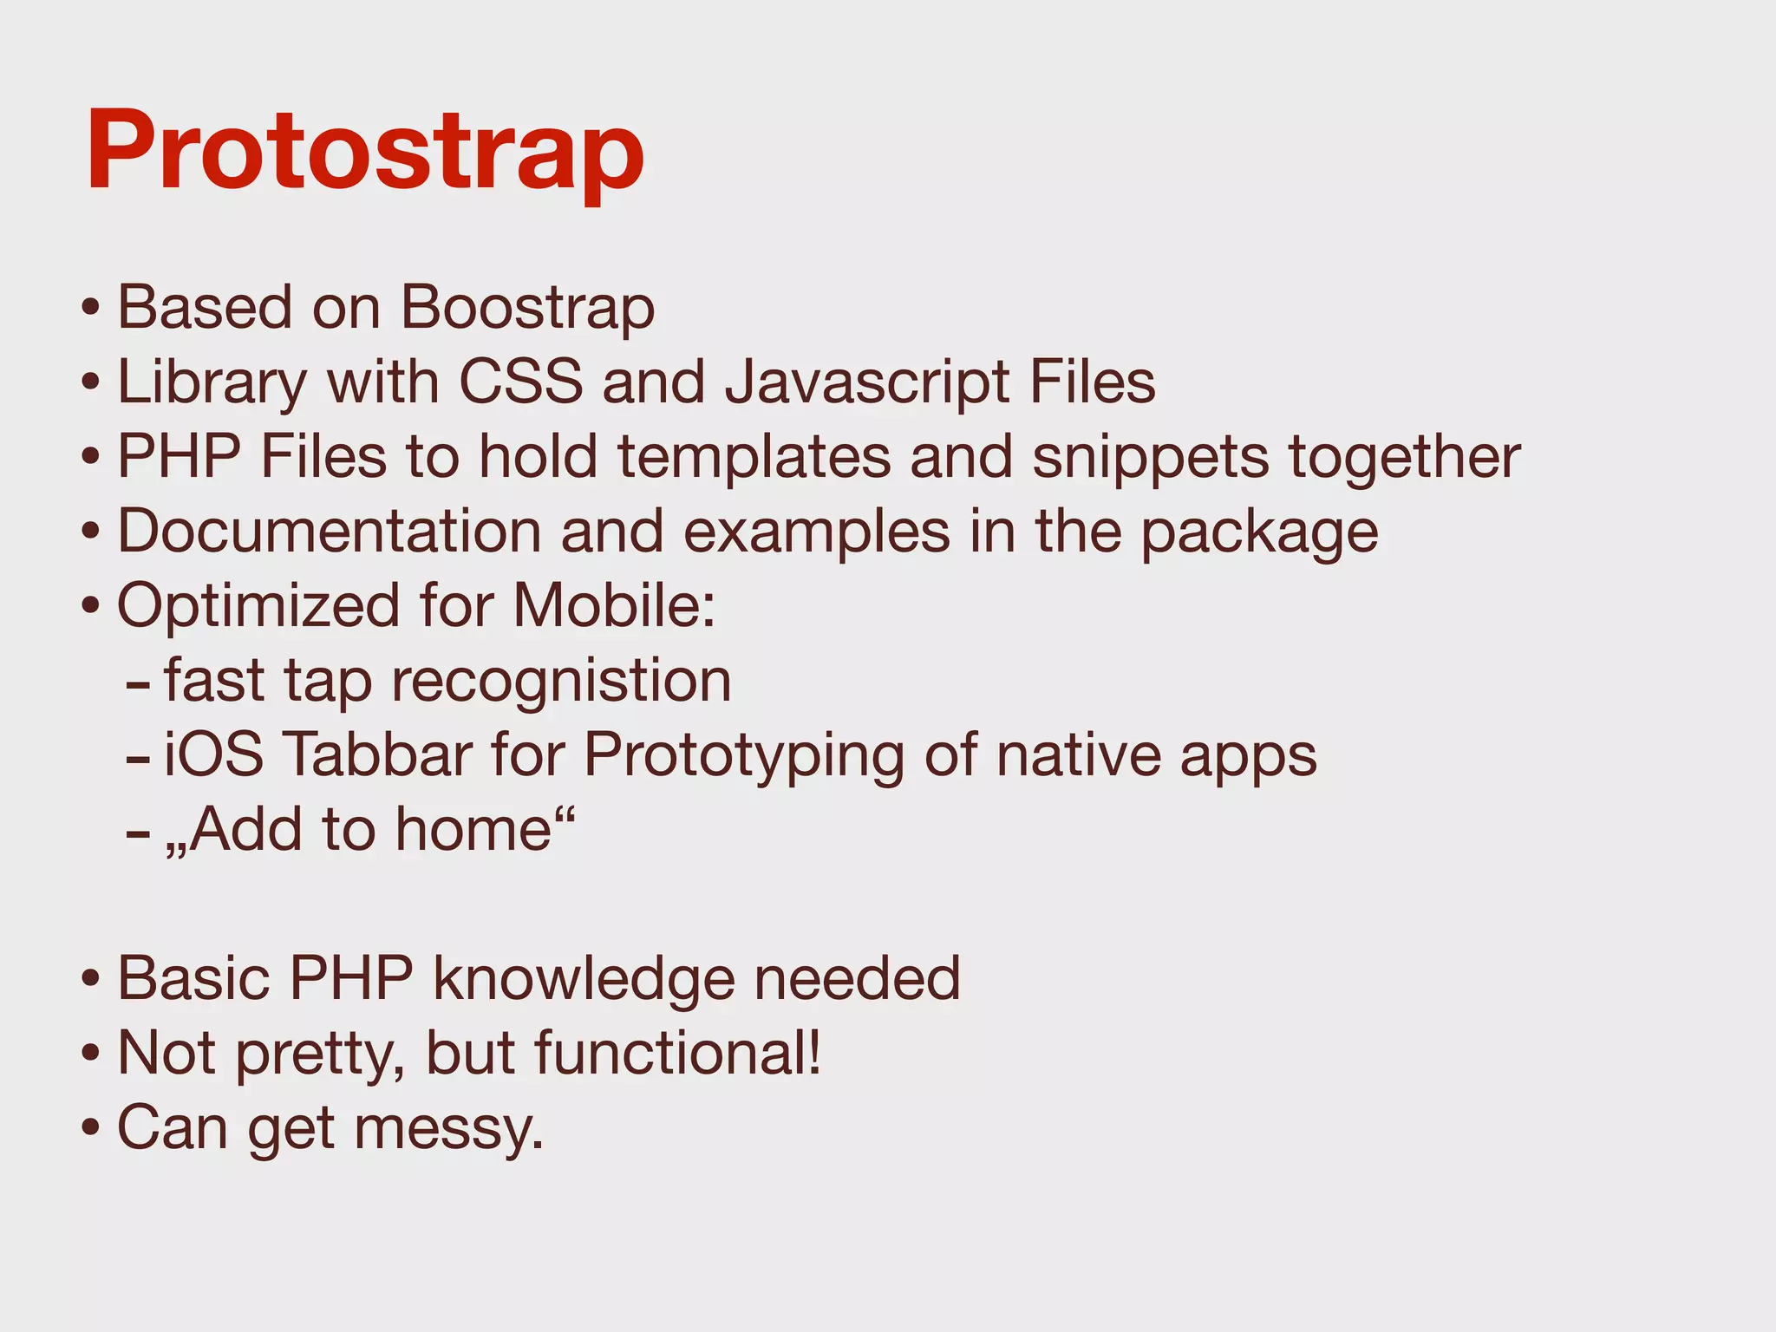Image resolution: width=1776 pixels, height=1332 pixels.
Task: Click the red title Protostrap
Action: pos(365,150)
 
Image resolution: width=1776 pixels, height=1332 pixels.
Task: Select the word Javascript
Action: pos(867,383)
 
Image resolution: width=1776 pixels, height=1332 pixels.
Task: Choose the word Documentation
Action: pos(329,531)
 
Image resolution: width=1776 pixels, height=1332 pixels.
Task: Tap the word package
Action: pos(1258,532)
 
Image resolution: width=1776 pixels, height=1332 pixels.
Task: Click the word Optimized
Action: pos(258,606)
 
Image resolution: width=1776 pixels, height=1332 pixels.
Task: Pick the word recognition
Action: pos(561,681)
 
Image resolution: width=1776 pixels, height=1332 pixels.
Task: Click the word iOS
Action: pos(213,754)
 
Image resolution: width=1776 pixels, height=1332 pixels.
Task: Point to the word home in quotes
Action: pos(473,830)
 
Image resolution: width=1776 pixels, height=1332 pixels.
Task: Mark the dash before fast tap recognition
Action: pos(138,682)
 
